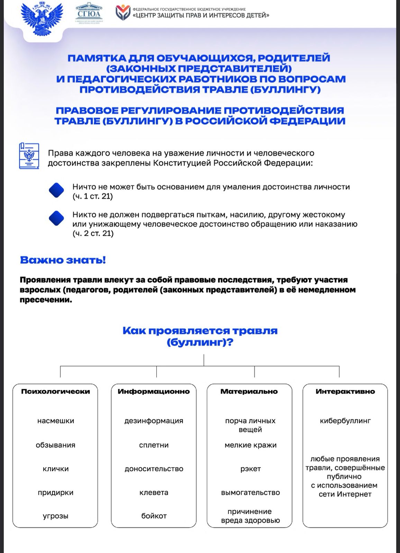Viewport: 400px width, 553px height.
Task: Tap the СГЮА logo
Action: point(89,13)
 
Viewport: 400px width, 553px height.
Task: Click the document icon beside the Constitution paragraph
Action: point(29,156)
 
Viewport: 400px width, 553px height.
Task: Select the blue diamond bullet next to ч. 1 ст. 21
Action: point(56,190)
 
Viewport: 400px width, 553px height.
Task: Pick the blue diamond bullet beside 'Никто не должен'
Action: point(56,218)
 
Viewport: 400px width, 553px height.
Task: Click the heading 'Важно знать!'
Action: point(63,260)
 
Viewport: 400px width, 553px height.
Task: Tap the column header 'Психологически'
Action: point(55,392)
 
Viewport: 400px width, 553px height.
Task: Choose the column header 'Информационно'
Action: point(154,392)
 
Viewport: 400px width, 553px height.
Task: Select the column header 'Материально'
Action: point(249,392)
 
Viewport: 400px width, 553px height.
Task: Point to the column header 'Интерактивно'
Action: point(345,392)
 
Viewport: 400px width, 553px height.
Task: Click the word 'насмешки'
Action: point(55,421)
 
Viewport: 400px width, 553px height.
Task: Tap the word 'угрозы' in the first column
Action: point(55,516)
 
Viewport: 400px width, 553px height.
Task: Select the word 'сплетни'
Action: point(154,445)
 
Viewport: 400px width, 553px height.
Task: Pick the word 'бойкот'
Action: point(154,516)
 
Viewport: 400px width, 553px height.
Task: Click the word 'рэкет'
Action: point(250,469)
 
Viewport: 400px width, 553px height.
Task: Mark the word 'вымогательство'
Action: point(250,493)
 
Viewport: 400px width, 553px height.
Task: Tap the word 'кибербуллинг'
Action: point(345,421)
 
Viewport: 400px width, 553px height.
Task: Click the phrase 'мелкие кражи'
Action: point(250,445)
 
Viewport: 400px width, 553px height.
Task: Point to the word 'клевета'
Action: point(154,493)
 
